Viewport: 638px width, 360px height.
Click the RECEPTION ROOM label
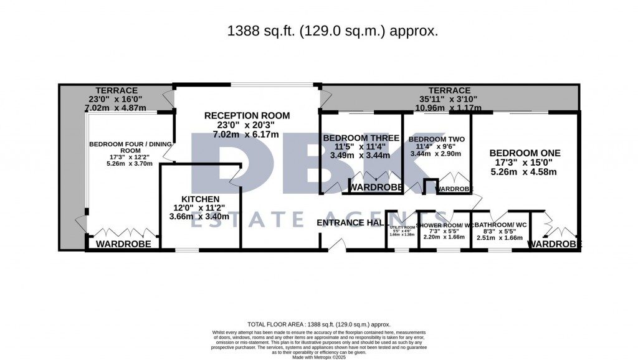tap(247, 115)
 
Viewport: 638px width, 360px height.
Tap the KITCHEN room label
tap(196, 199)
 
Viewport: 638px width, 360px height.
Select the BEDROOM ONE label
tap(525, 153)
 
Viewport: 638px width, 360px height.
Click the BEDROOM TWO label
tap(436, 140)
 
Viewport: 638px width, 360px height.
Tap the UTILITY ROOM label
tap(402, 227)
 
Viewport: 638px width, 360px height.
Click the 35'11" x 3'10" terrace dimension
tap(449, 99)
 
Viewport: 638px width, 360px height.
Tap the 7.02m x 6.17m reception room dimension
tap(247, 134)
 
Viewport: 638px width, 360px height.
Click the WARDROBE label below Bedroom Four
tap(123, 244)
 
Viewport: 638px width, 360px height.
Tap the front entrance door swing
tap(337, 244)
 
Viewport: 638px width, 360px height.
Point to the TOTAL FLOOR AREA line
tap(318, 324)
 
